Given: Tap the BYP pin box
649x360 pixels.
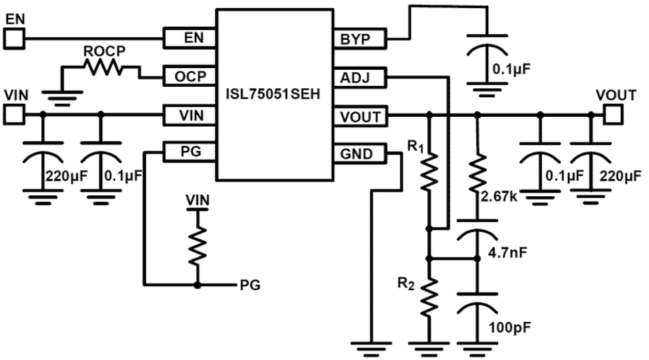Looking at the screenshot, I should tap(360, 39).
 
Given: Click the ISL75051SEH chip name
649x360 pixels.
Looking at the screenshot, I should tap(273, 96).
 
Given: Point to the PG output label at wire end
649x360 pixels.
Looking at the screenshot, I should tap(250, 285).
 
